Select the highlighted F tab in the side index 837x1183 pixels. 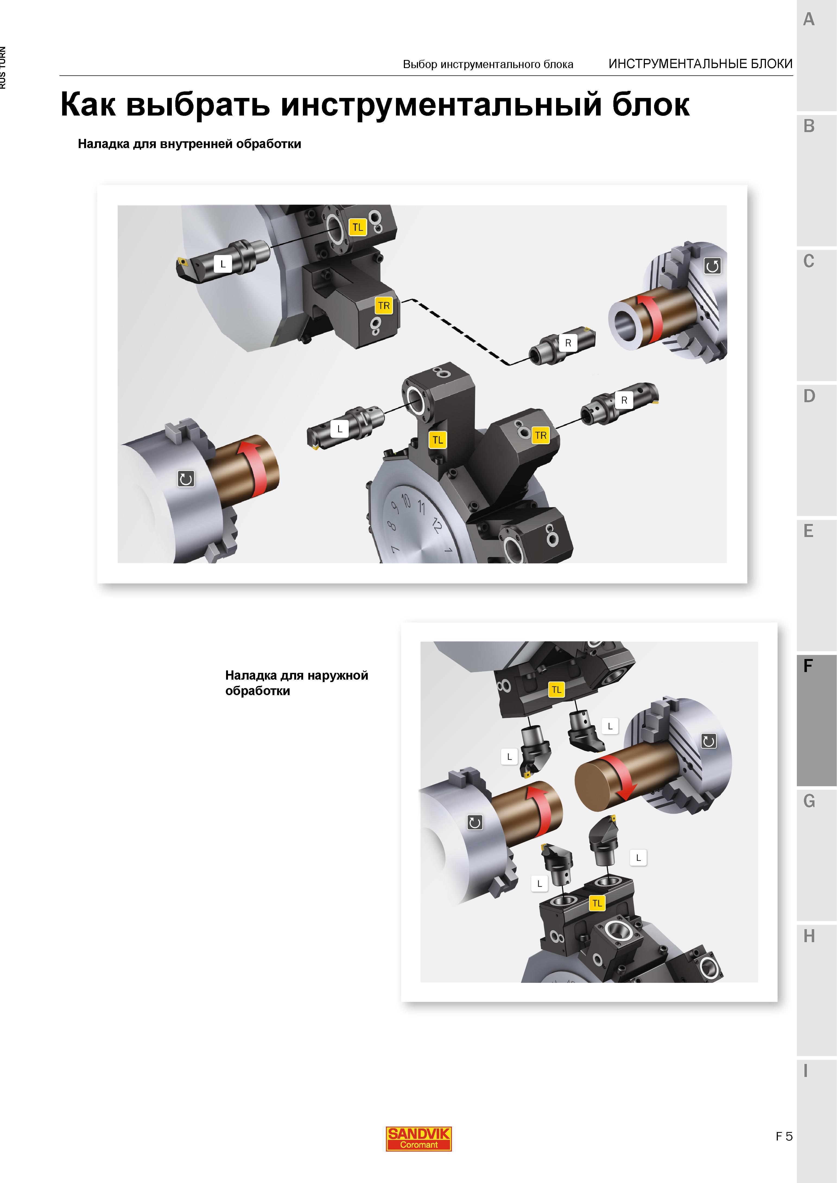[x=816, y=720]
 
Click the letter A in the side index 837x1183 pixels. [x=809, y=20]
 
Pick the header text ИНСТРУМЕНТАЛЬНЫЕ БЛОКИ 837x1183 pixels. [x=700, y=64]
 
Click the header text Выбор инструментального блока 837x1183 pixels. [x=488, y=64]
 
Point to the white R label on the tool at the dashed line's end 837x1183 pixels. [x=568, y=343]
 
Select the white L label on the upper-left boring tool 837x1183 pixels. [x=223, y=264]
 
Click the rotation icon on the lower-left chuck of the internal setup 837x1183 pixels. [x=186, y=479]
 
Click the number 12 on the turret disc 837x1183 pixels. [x=436, y=525]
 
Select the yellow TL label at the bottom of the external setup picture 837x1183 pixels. [x=597, y=903]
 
